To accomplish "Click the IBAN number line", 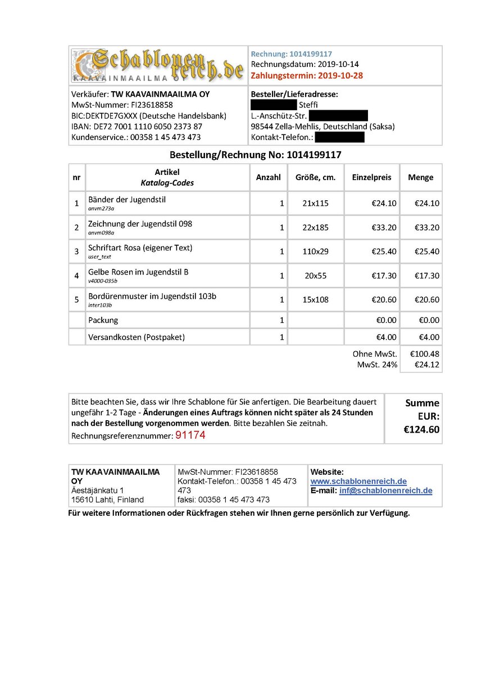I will pos(137,127).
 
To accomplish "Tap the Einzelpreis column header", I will pos(371,177).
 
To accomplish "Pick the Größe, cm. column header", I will pos(315,177).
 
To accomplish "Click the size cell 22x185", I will pos(315,228).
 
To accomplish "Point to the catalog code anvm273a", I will pos(101,209).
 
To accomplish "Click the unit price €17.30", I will pos(384,276).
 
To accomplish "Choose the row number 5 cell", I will pos(76,300).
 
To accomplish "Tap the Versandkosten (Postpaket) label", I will pos(137,337).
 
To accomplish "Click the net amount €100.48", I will pos(425,354).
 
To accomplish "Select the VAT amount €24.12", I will pos(426,364).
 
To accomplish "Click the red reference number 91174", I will pos(191,435).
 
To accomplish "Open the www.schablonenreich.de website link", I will pos(358,481).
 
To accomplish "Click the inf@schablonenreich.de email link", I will pos(385,490).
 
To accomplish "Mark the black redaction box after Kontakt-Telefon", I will pos(339,137).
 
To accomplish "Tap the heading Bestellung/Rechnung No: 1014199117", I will pos(256,155).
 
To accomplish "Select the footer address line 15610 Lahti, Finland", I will pos(107,499).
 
